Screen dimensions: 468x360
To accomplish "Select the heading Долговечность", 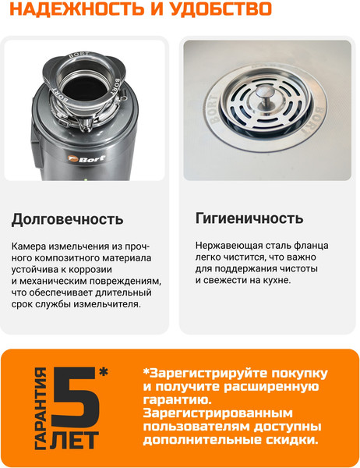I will [67, 218].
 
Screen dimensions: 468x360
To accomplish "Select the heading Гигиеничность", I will [249, 218].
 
